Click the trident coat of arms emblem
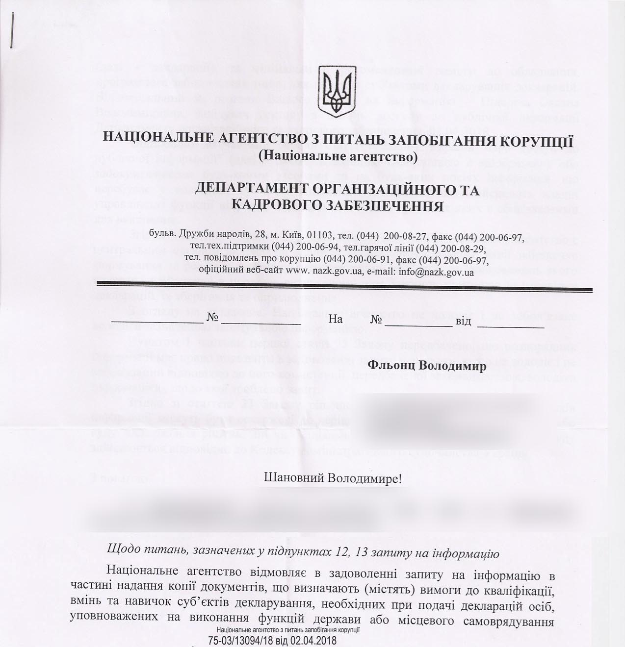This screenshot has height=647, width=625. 337,90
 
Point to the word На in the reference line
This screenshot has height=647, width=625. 336,320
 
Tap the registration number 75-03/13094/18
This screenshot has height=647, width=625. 240,640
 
